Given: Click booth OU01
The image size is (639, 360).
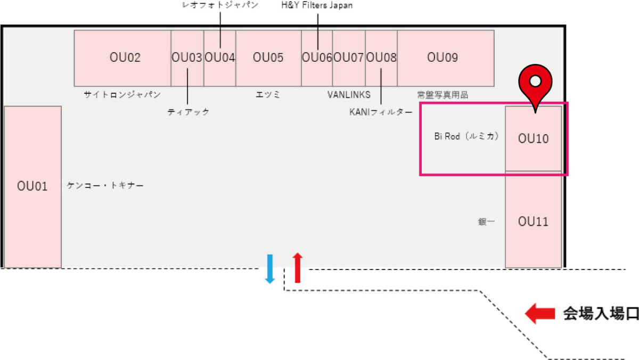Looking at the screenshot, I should (x=32, y=186).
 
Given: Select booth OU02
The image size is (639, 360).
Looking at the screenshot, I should (x=122, y=58).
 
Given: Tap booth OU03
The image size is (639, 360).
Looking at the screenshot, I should (x=187, y=58).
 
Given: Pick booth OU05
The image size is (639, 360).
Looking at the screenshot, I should (x=268, y=58).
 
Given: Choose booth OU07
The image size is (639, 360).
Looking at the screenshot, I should (x=349, y=58).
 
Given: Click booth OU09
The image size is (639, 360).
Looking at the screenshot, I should (x=445, y=58).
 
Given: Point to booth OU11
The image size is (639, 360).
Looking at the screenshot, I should (x=533, y=222).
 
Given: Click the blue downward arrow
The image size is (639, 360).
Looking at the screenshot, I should (x=270, y=268).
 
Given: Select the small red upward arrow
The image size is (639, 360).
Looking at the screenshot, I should (x=298, y=268).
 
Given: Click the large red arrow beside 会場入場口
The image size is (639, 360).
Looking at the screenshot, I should (x=540, y=313).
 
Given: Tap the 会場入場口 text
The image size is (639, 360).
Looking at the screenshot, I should (x=601, y=313).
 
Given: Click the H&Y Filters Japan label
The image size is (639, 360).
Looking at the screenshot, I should (x=317, y=5).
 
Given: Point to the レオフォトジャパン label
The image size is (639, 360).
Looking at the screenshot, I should (x=220, y=5).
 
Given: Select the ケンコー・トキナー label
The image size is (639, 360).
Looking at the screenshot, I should (x=105, y=186).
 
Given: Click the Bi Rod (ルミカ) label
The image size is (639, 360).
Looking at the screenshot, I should (x=466, y=136).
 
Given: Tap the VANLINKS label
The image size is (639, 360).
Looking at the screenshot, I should (x=349, y=95).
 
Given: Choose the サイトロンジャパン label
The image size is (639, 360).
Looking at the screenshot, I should (x=122, y=95).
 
